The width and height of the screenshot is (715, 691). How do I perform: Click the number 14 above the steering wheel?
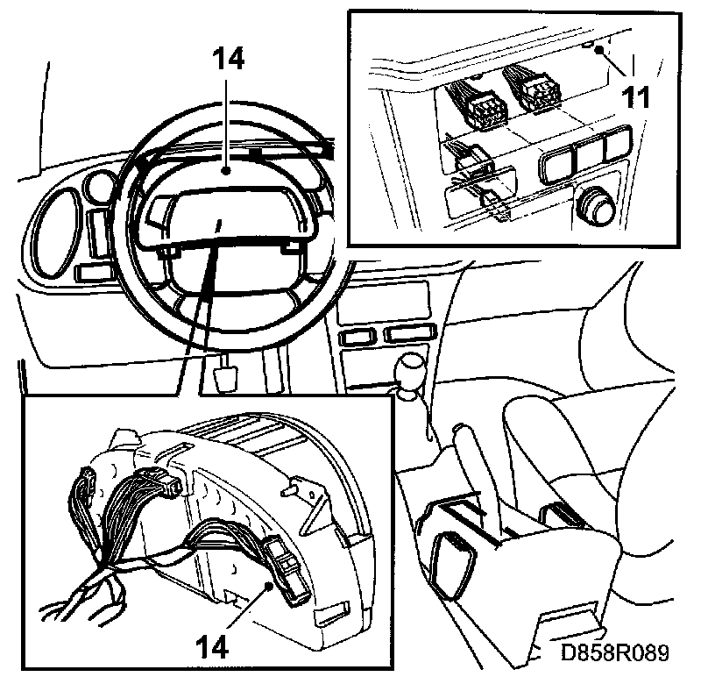pyautogui.click(x=229, y=60)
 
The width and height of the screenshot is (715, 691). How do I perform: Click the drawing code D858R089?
pyautogui.click(x=617, y=652)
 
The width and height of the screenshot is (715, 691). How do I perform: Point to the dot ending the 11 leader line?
pyautogui.click(x=598, y=50)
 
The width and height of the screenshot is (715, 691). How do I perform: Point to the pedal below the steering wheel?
pyautogui.click(x=227, y=374)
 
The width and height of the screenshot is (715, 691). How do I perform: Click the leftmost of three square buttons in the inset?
pyautogui.click(x=557, y=163)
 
